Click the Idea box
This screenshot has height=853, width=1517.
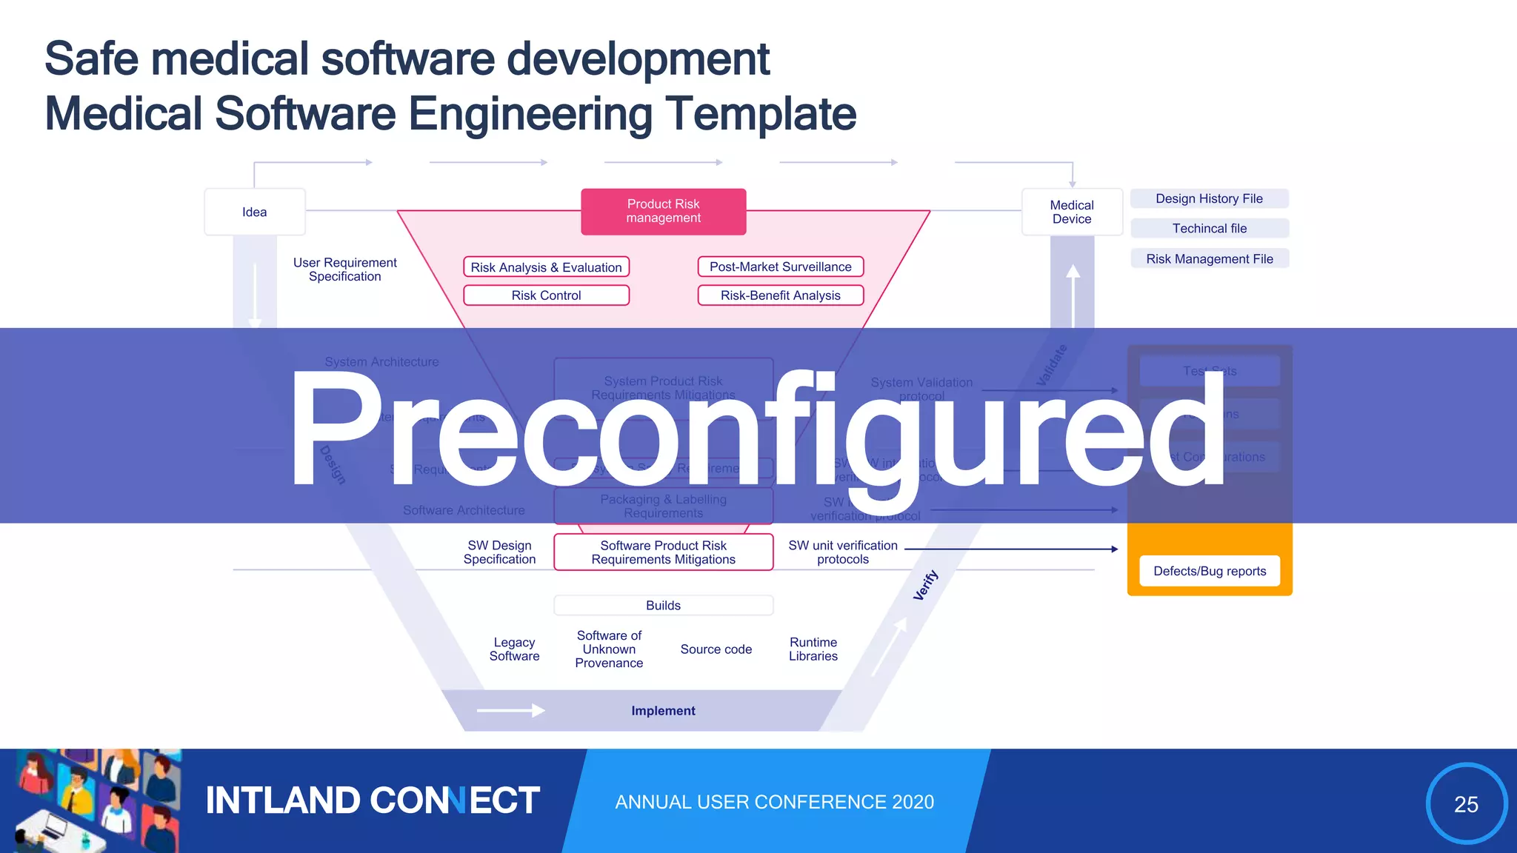coord(254,212)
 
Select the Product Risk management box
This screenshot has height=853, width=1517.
coord(663,211)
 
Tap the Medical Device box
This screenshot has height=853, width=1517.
coord(1071,212)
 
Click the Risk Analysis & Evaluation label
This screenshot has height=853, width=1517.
coord(546,267)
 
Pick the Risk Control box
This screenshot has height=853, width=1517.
coord(546,295)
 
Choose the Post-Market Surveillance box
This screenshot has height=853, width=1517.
coord(780,267)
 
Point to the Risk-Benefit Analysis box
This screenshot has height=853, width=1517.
coord(780,295)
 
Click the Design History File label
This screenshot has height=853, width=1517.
coord(1209,198)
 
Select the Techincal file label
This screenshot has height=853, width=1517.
coord(1209,228)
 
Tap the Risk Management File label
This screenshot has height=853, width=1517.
coord(1209,258)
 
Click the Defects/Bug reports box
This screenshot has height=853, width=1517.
coord(1209,571)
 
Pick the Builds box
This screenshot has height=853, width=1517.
coord(663,605)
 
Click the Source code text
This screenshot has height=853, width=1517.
coord(716,649)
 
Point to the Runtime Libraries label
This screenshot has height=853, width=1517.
coord(813,649)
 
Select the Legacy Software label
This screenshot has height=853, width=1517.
coord(514,649)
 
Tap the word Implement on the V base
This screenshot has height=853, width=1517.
coord(663,711)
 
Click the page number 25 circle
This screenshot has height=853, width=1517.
coord(1466,803)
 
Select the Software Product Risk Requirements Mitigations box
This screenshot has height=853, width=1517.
coord(663,552)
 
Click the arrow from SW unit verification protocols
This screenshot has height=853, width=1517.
coord(1011,549)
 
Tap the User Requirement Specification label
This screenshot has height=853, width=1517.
coord(344,270)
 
